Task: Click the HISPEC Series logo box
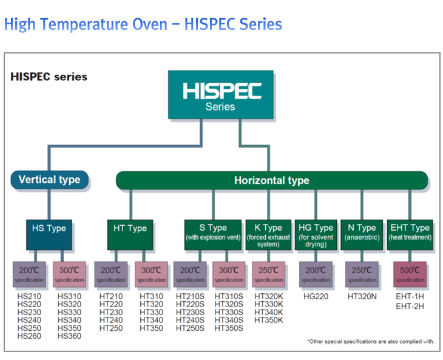(221, 95)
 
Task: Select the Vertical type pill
(49, 180)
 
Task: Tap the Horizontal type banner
(272, 180)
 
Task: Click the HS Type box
(49, 235)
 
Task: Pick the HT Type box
(130, 235)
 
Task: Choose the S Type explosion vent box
(213, 235)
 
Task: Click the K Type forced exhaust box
(268, 235)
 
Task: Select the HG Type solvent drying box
(316, 235)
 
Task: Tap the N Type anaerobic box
(362, 235)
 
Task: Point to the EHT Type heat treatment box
(410, 235)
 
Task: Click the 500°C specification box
(410, 274)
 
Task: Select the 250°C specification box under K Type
(268, 274)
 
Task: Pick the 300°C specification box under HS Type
(69, 274)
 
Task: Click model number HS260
(29, 336)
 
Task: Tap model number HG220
(316, 296)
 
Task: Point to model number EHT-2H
(410, 306)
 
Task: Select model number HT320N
(362, 296)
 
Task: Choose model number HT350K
(268, 320)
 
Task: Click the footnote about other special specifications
(371, 341)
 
